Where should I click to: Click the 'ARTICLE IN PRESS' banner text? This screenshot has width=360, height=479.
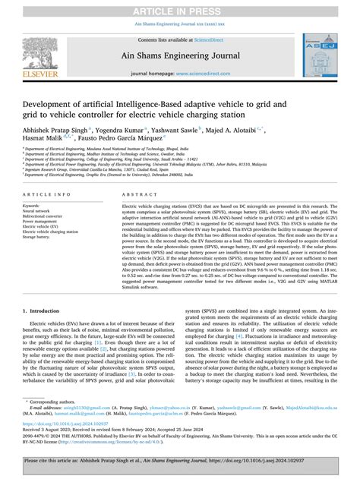(180, 8)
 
